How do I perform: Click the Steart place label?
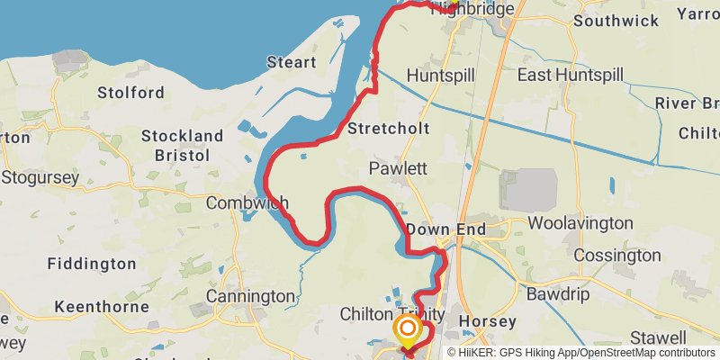click(x=291, y=63)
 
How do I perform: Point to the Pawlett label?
click(x=397, y=169)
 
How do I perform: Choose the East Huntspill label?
click(x=569, y=76)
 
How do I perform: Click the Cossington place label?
click(x=616, y=256)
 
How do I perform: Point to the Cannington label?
click(x=250, y=296)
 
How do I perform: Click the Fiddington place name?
click(x=91, y=265)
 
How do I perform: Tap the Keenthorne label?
click(x=101, y=307)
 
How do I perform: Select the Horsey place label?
click(x=487, y=321)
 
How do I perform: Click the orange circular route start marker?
click(x=407, y=328)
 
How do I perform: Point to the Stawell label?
click(x=658, y=337)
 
